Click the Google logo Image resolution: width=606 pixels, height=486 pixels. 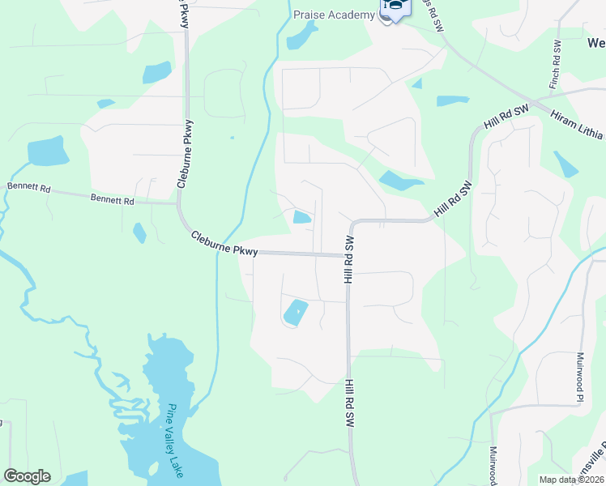[27, 476]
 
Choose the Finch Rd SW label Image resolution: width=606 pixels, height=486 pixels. [556, 64]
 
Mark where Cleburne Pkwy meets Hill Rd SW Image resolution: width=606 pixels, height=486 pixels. [348, 255]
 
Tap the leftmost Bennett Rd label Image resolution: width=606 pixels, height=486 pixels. [28, 187]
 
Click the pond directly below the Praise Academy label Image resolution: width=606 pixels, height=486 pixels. [303, 36]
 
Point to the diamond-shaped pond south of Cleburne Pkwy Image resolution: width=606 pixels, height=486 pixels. [295, 312]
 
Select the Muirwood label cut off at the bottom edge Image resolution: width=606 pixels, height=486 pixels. [493, 465]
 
